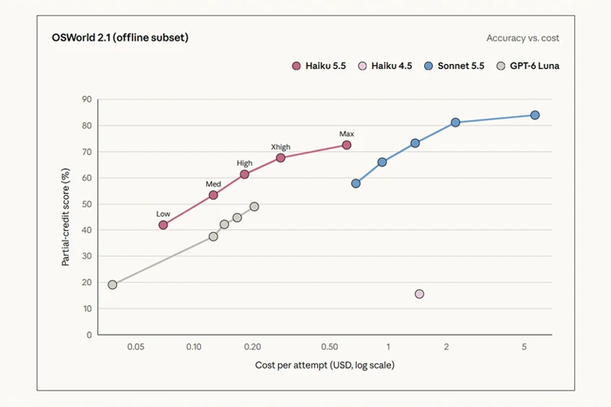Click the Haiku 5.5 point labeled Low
tap(163, 225)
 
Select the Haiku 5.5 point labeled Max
tap(346, 145)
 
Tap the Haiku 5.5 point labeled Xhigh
tap(280, 158)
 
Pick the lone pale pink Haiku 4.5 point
tap(419, 293)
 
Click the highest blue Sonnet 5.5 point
tap(535, 115)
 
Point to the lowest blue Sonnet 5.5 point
tap(356, 183)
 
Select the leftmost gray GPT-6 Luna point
tap(112, 284)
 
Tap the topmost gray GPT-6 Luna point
tap(254, 206)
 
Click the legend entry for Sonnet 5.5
tap(454, 66)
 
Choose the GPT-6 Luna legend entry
tap(528, 66)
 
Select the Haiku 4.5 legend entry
tap(385, 66)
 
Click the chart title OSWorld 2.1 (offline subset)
tap(120, 37)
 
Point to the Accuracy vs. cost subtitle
tap(522, 38)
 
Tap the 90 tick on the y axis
tap(87, 99)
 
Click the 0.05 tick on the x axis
tap(136, 347)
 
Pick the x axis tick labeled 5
tap(524, 347)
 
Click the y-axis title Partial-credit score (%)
tap(66, 217)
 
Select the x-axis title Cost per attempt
tap(325, 366)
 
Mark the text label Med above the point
tap(213, 184)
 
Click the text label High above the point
tap(245, 163)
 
